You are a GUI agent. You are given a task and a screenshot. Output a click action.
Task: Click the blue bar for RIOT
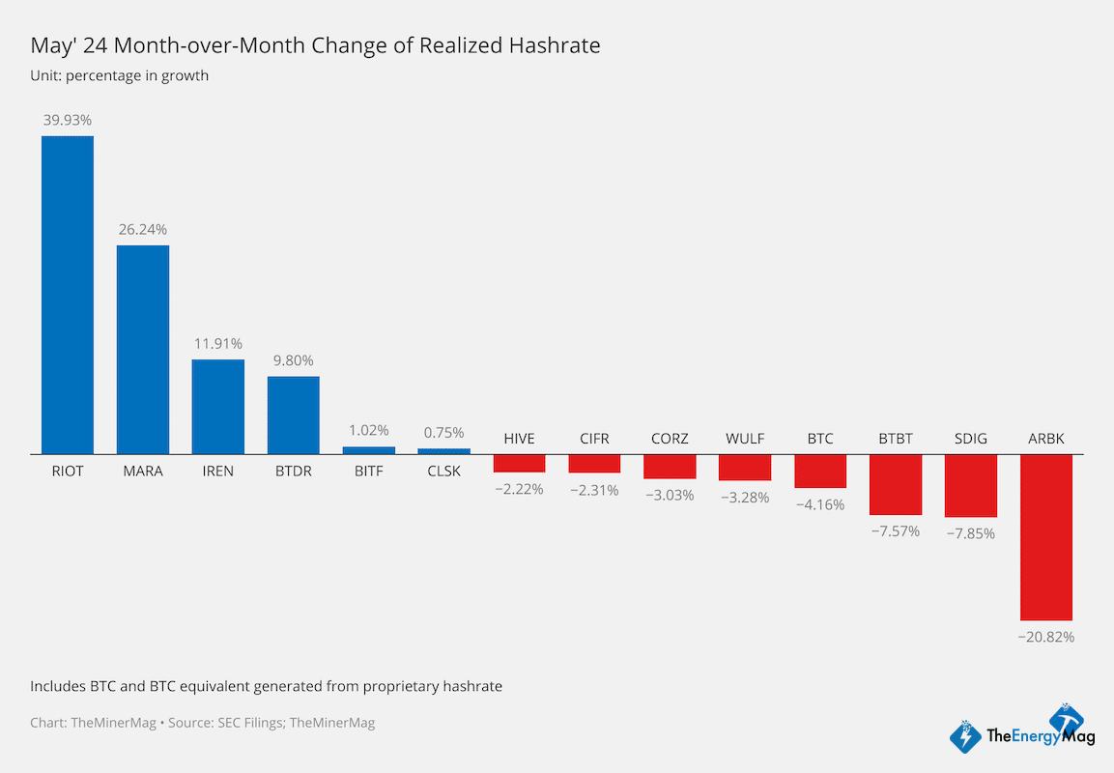point(67,295)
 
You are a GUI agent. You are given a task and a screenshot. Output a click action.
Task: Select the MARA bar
point(143,349)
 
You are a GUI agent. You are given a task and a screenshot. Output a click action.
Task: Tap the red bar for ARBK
point(1045,537)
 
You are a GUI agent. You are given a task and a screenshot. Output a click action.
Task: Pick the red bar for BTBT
point(896,484)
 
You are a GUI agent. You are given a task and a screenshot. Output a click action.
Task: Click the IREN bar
point(218,407)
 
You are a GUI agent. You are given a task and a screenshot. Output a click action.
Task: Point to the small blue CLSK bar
point(444,450)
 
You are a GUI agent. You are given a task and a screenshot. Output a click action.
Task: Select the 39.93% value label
point(68,120)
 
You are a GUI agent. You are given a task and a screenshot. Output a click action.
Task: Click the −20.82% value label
point(1045,637)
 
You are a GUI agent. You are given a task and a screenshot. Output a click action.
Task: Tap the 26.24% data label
point(143,230)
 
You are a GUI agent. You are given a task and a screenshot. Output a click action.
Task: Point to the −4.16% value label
point(820,504)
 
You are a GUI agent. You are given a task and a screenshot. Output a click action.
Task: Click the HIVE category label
point(519,439)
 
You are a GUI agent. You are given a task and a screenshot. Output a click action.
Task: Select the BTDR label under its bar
point(294,471)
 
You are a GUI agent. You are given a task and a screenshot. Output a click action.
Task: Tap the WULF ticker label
point(745,439)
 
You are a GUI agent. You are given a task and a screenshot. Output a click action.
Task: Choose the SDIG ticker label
point(970,439)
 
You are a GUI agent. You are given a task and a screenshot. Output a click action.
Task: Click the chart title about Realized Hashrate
point(315,45)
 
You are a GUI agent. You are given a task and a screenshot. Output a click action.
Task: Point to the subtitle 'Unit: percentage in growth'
point(119,75)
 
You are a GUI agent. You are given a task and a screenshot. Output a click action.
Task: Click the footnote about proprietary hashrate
point(266,686)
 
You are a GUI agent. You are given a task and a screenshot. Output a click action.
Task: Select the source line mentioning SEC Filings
point(202,722)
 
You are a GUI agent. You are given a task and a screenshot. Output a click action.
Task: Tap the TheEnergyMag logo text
point(1040,737)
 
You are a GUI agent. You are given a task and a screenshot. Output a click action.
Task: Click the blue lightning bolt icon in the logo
point(965,737)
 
